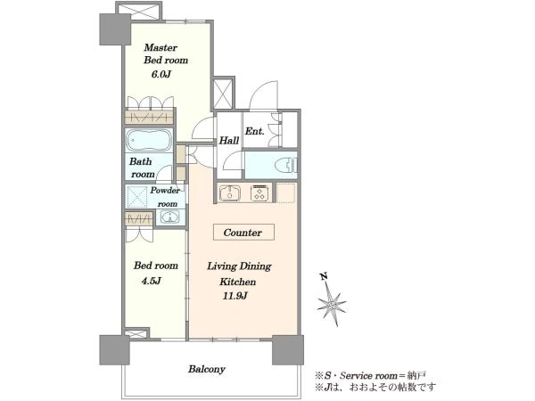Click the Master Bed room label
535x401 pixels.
coord(166,53)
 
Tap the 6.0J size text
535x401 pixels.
coord(160,74)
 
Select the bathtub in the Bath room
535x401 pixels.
coord(149,140)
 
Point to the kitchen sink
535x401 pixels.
coord(230,193)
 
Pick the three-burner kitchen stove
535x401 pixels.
coord(260,193)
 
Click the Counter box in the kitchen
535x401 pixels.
coord(243,233)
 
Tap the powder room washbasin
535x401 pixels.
coord(169,217)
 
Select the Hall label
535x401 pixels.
coord(228,140)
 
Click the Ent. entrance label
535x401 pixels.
coord(254,131)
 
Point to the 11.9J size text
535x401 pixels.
coord(235,296)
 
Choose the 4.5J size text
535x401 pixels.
coord(151,281)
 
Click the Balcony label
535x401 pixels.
coord(207,369)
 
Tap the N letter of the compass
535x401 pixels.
coord(324,276)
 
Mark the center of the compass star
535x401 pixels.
coord(332,304)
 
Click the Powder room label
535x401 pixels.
coord(165,197)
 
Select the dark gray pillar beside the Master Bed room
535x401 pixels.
coord(115,29)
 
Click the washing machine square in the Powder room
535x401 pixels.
coord(136,196)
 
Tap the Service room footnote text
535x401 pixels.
coord(370,376)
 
